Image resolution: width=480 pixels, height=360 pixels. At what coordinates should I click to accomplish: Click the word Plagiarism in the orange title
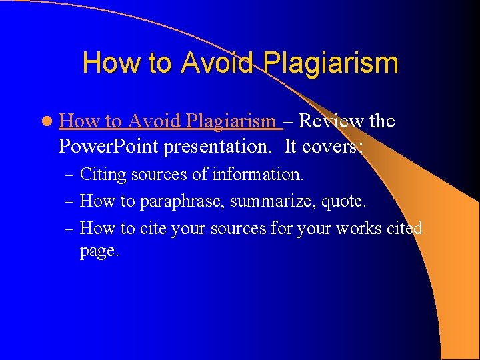(331, 63)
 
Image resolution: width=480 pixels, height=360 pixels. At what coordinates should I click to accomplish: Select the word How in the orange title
(107, 63)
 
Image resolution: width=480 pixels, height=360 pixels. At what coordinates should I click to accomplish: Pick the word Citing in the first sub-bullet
(103, 175)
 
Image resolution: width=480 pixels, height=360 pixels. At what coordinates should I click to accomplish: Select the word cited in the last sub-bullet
(405, 229)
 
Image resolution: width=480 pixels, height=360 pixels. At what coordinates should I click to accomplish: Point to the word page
(99, 252)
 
